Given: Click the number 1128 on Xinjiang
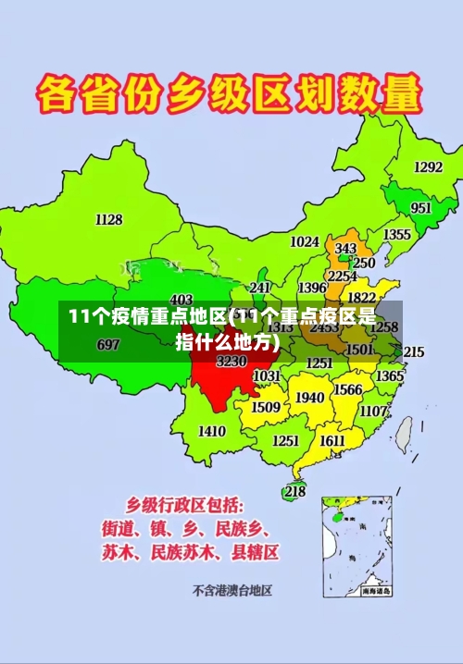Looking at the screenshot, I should click(108, 220).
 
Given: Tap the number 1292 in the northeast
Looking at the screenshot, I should click(428, 167).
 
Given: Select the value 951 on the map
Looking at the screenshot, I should click(421, 208).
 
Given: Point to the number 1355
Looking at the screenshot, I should click(397, 235).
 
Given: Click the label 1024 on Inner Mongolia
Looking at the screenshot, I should click(305, 241).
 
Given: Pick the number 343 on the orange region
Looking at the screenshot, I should click(345, 249).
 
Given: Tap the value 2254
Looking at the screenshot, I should click(343, 276).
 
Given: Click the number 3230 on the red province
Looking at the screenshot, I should click(231, 362).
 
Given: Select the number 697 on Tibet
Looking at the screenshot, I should click(108, 345).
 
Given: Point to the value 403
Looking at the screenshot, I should click(181, 299).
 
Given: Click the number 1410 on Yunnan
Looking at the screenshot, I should click(212, 431).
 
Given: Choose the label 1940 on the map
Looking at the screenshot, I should click(309, 398).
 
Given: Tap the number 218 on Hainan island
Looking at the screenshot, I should click(294, 491).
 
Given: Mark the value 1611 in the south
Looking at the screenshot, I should click(332, 440).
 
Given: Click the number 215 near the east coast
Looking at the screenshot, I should click(413, 352).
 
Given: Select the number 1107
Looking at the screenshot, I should click(374, 411).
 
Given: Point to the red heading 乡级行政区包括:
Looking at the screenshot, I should click(185, 505).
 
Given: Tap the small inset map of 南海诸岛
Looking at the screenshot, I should click(356, 546).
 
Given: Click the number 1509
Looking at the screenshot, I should click(266, 407).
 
